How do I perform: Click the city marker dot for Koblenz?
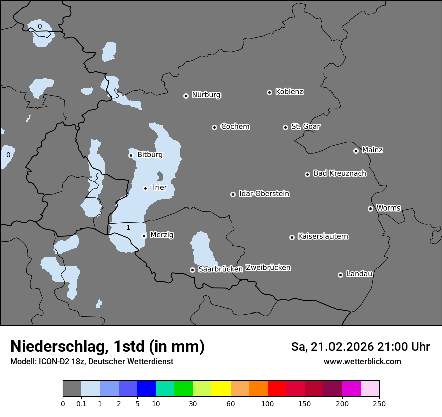(x=269, y=92)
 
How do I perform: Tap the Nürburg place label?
(x=206, y=95)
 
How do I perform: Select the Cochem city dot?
(x=214, y=127)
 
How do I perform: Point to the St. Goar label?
(x=305, y=127)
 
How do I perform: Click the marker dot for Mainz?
(x=356, y=151)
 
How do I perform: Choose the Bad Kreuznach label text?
(x=340, y=174)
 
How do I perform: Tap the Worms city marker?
(x=370, y=208)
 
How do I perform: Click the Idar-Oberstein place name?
(x=264, y=194)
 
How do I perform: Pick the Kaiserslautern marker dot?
(x=292, y=237)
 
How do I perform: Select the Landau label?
(x=359, y=274)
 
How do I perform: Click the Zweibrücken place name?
(x=268, y=268)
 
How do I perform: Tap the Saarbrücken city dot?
(x=192, y=270)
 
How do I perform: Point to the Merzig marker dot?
(x=144, y=236)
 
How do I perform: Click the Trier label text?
(x=159, y=188)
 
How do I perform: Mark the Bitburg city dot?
(x=131, y=155)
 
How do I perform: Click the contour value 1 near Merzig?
(x=128, y=228)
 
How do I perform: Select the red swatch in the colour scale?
(x=277, y=389)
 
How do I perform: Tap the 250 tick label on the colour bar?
(x=379, y=404)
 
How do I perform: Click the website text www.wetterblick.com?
(x=362, y=362)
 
